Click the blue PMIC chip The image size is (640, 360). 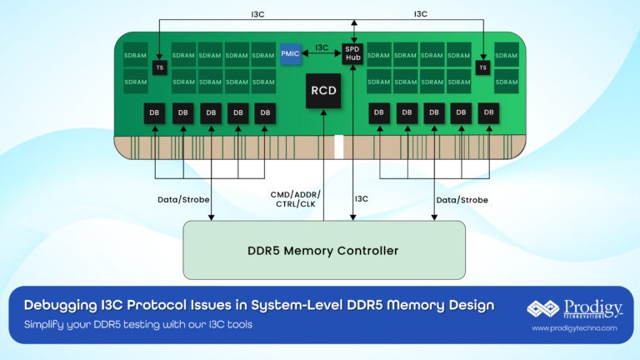(289, 52)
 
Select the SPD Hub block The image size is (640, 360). (354, 52)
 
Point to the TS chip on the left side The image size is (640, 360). (159, 67)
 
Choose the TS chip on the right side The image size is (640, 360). (482, 67)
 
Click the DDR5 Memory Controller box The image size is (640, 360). (323, 250)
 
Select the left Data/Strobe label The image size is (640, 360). (183, 200)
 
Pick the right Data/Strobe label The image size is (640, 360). (462, 200)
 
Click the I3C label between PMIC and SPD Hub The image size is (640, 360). (322, 47)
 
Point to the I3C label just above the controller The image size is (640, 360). (361, 199)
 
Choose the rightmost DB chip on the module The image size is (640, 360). (488, 112)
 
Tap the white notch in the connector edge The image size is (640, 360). (339, 146)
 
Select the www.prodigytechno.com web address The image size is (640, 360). (573, 328)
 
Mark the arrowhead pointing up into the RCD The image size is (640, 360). (322, 114)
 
